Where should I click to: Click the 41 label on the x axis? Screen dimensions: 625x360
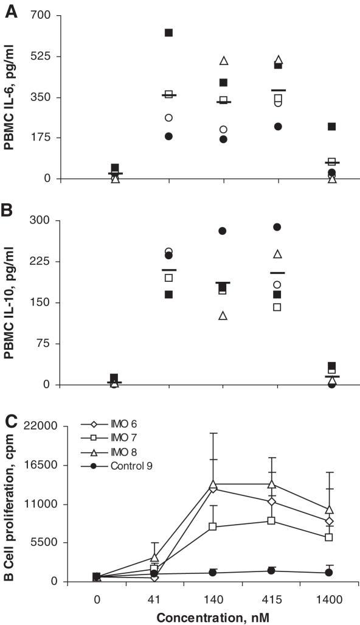[154, 599]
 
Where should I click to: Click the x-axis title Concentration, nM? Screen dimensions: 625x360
[213, 616]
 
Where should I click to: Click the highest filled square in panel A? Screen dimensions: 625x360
[168, 33]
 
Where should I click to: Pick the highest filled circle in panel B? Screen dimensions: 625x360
[277, 227]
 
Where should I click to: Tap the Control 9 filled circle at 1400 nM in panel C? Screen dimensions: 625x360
[329, 573]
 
